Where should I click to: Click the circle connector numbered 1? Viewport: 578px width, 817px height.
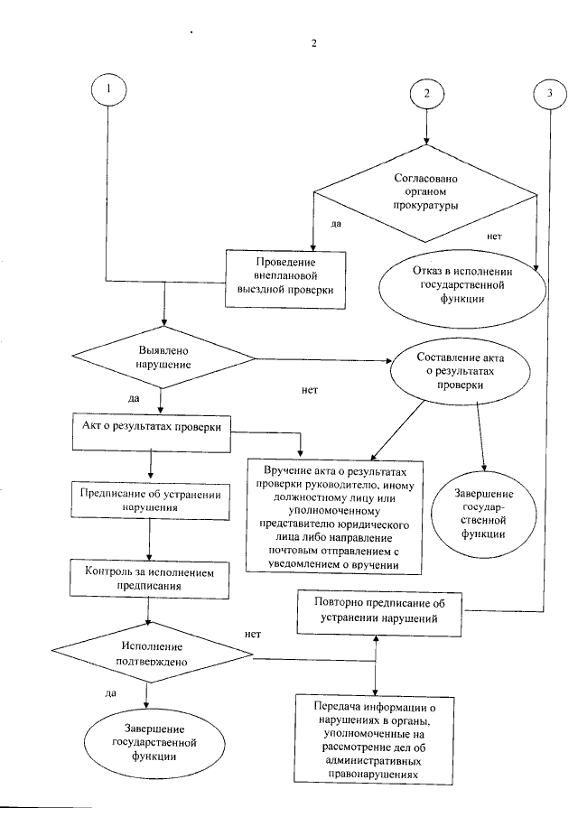108,90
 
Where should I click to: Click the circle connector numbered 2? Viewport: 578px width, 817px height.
426,91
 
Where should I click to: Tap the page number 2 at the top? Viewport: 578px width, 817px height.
313,42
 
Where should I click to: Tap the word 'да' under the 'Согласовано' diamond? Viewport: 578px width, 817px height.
335,222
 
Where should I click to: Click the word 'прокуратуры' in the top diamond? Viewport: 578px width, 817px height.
424,206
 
